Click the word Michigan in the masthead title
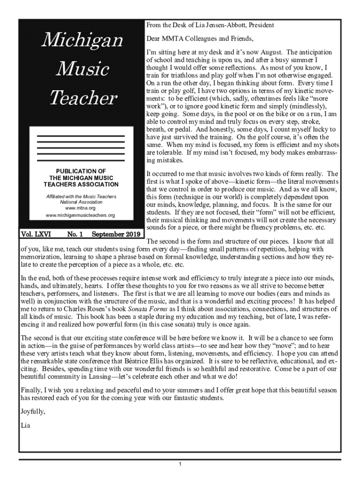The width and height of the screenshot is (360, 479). (82, 41)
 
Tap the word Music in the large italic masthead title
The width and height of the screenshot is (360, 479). (82, 70)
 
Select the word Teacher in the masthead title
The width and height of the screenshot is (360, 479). (82, 98)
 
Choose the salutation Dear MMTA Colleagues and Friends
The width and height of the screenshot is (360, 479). (200, 38)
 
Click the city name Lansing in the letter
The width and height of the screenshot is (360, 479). (92, 377)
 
